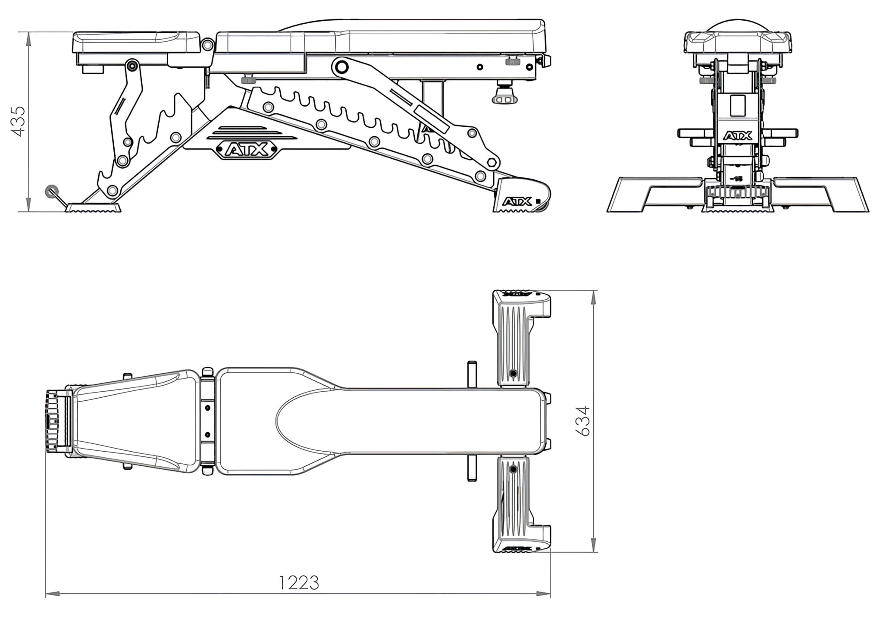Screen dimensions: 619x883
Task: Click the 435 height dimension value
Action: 20,122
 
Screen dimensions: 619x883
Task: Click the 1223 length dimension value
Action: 299,583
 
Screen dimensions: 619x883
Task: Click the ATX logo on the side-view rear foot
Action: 517,201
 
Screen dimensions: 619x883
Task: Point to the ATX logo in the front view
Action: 738,136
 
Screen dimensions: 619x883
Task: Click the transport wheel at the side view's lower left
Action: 52,190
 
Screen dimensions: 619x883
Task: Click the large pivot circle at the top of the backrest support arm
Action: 341,67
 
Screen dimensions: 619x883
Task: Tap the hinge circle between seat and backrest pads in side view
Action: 207,44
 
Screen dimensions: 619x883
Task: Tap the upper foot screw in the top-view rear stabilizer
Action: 513,373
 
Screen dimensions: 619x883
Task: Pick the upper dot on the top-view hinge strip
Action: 207,408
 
